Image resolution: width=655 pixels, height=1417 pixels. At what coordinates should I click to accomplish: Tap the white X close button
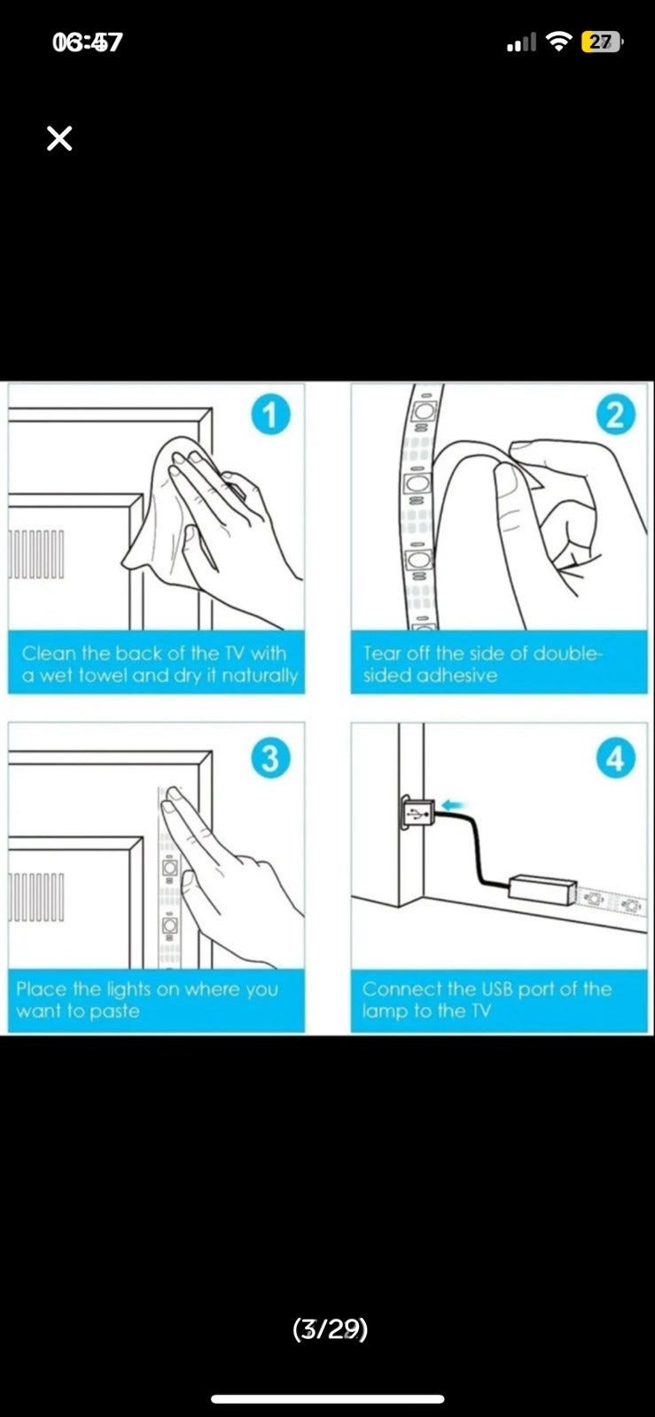tap(59, 138)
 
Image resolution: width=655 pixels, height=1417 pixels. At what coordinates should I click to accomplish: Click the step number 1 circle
tap(270, 415)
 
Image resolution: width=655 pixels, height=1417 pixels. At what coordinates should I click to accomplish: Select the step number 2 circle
tap(615, 415)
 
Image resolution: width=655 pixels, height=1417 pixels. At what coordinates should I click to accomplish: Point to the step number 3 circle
tap(270, 758)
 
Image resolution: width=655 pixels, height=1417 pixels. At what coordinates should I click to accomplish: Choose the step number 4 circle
tap(615, 758)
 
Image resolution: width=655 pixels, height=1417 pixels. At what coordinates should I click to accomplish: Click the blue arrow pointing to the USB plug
tap(455, 805)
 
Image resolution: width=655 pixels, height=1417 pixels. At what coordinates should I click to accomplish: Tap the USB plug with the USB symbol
tap(417, 812)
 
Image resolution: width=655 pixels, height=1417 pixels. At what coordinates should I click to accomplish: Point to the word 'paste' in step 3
tap(114, 1011)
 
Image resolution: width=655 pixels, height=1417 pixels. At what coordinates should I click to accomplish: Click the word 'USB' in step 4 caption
tap(498, 988)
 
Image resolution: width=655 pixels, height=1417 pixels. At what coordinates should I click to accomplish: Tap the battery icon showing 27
tap(601, 43)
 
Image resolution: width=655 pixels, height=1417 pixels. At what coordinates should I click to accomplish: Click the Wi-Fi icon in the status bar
tap(558, 43)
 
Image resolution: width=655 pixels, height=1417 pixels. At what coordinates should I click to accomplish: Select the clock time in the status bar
tap(87, 43)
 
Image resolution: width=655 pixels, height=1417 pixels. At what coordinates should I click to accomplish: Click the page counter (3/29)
tap(330, 1329)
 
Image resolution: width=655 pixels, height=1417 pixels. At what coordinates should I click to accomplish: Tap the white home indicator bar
tap(327, 1398)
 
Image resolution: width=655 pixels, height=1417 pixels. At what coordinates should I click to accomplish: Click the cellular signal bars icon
tap(521, 43)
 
